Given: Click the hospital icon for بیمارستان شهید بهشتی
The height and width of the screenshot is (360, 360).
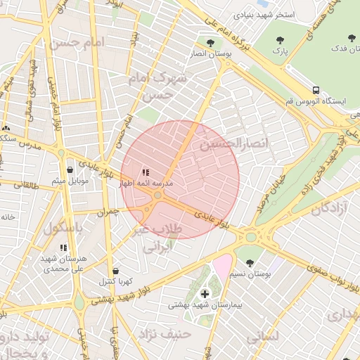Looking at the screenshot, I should point(205,293).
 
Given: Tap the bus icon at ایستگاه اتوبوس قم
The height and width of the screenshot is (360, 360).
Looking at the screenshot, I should point(316,90).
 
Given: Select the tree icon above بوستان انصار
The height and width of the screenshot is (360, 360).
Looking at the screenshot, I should point(210,43).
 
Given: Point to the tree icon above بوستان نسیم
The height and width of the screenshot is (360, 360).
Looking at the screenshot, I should point(250,263).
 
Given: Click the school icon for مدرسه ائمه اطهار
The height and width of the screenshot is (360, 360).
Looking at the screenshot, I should point(146,172).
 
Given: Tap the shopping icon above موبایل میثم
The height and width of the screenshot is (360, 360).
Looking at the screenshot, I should point(70,169).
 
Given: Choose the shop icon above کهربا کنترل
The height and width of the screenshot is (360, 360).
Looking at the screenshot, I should point(115,271).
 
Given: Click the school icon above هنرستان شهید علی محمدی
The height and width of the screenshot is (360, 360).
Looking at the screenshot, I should point(63,247).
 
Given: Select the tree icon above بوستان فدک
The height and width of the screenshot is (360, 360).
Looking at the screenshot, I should point(350,39).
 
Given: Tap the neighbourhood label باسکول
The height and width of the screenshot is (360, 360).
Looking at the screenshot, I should point(65,229).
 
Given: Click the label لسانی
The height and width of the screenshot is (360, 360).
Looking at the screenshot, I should point(263,337).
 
